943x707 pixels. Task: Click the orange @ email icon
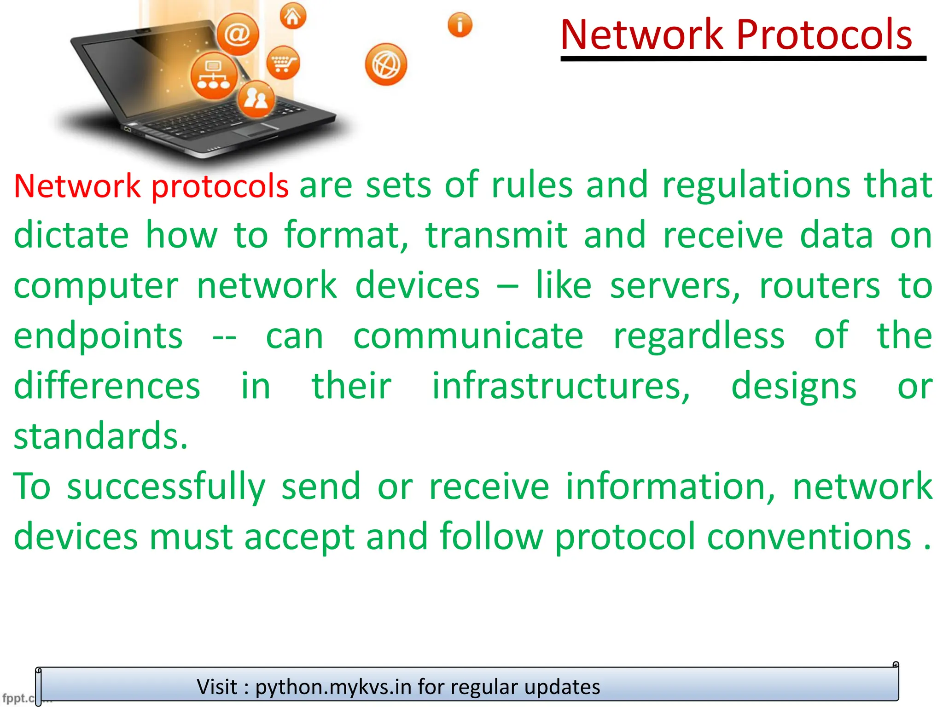click(x=238, y=34)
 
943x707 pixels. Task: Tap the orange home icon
click(x=293, y=17)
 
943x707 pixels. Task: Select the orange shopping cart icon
click(x=283, y=63)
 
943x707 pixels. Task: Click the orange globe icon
click(x=386, y=64)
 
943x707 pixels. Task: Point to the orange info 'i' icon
click(x=460, y=25)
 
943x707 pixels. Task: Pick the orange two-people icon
click(x=256, y=99)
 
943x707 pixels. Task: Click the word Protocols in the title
click(x=824, y=35)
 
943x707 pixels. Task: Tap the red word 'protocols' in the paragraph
click(x=220, y=186)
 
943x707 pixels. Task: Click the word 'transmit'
click(x=496, y=235)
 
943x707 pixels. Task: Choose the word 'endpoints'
click(x=98, y=336)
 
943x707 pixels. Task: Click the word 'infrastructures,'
click(x=561, y=386)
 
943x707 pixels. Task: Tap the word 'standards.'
click(x=101, y=436)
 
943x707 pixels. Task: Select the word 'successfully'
click(x=166, y=487)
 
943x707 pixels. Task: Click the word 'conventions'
click(x=809, y=537)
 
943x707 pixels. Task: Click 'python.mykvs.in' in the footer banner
click(x=333, y=687)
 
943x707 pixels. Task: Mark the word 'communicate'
click(x=468, y=336)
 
